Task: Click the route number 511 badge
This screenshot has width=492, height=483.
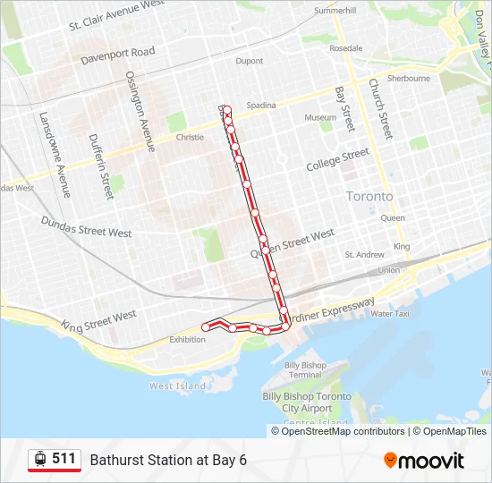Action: click(55, 459)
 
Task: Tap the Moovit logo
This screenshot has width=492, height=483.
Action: click(424, 461)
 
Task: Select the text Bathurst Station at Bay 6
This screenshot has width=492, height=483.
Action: click(168, 460)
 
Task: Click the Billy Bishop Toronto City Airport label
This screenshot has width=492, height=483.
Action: click(307, 402)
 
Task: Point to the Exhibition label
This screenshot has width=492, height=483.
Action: click(188, 340)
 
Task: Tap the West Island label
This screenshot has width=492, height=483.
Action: click(177, 386)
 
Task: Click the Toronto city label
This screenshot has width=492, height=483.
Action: click(369, 196)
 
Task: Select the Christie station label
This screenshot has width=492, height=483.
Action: click(190, 138)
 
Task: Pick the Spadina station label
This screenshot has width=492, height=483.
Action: click(261, 106)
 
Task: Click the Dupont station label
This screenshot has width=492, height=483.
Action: click(249, 62)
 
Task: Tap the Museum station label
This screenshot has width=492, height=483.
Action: click(320, 118)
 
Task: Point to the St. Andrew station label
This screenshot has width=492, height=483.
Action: click(365, 255)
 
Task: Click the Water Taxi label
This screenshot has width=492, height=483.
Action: click(390, 314)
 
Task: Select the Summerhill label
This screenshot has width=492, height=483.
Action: click(335, 12)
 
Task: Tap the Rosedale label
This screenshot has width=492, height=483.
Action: click(346, 48)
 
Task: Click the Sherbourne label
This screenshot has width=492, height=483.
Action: click(409, 79)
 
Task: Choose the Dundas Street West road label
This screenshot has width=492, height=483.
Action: click(86, 227)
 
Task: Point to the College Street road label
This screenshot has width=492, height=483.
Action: click(337, 160)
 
